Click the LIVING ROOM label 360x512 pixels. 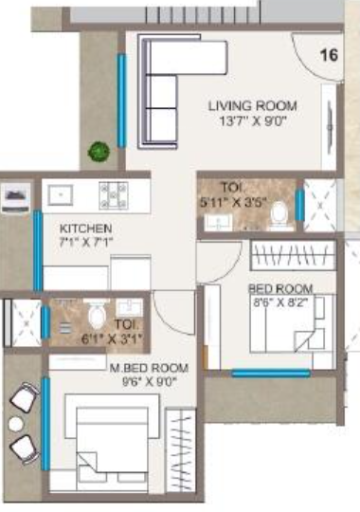253,105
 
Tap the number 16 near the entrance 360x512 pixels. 329,55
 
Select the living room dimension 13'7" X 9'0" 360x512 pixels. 253,120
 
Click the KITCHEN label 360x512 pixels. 86,229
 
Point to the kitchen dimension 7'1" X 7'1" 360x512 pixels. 86,244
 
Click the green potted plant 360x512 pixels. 98,150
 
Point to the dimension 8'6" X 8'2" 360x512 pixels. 279,303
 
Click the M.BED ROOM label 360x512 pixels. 149,367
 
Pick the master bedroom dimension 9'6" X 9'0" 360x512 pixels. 149,381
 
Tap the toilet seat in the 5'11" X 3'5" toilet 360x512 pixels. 279,216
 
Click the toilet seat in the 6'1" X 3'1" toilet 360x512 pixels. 95,316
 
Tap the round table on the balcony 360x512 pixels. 16,424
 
